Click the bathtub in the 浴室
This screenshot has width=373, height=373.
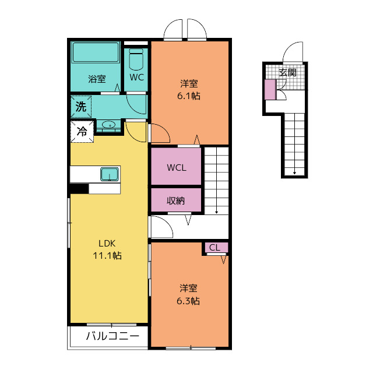[96, 52]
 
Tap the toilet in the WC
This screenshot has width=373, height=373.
[136, 59]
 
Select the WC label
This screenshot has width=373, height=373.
[137, 78]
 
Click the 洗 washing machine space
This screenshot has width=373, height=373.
[81, 106]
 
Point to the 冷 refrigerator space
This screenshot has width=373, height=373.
[82, 132]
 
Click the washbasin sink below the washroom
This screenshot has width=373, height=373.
[109, 125]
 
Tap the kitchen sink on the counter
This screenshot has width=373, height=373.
[110, 174]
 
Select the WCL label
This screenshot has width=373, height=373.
[177, 168]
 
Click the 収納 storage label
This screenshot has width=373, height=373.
[176, 201]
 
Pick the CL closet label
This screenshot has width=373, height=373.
[215, 248]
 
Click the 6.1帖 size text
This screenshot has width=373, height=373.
[189, 96]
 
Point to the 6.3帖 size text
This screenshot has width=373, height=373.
[188, 301]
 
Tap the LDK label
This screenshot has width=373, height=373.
[107, 244]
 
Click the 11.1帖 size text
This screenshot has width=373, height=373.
[107, 256]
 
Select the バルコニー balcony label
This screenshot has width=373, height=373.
[112, 336]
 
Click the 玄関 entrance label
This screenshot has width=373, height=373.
[288, 72]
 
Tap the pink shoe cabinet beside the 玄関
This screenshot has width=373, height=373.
[270, 89]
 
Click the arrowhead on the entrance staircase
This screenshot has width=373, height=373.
[295, 173]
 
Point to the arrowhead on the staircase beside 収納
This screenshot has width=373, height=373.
[217, 212]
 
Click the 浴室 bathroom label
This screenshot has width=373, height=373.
[97, 79]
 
